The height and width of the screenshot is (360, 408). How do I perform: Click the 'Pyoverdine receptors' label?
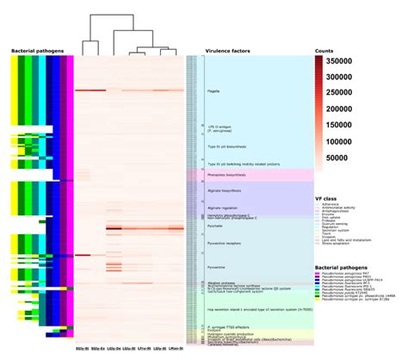click(x=223, y=245)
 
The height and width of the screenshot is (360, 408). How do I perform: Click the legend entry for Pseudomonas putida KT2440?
click(x=354, y=291)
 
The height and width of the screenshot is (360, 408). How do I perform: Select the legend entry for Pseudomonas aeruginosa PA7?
click(x=354, y=274)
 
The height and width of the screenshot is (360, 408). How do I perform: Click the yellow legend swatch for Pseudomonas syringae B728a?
click(x=318, y=300)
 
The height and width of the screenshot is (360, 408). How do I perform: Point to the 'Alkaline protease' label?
click(x=219, y=282)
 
